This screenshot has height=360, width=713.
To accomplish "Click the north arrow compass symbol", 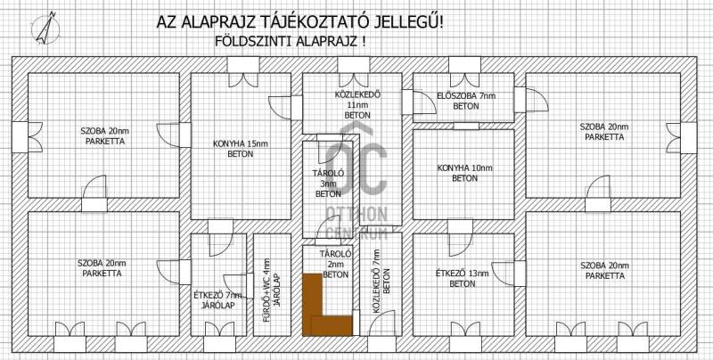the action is click(45, 29).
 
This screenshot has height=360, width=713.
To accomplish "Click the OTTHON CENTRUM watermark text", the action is click(357, 223).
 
